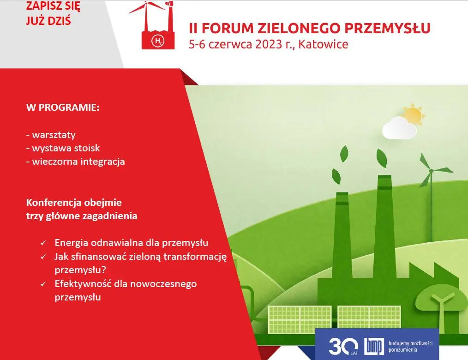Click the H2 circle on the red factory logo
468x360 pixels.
tap(158, 41)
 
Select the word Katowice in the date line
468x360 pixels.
tap(323, 44)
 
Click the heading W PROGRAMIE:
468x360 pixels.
tap(63, 108)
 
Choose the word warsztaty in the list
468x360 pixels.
tap(54, 135)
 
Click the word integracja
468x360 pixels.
tap(102, 162)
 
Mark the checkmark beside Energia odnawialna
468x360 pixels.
tap(43, 243)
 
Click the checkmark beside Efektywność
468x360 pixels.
tap(43, 284)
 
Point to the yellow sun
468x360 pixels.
tap(414, 114)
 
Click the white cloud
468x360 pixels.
tap(399, 128)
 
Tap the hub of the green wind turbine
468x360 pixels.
tap(431, 171)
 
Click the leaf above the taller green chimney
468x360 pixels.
tap(381, 157)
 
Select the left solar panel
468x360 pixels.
tap(300, 320)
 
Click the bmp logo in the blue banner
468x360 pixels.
tap(374, 346)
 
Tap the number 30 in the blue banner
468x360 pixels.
tap(342, 346)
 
